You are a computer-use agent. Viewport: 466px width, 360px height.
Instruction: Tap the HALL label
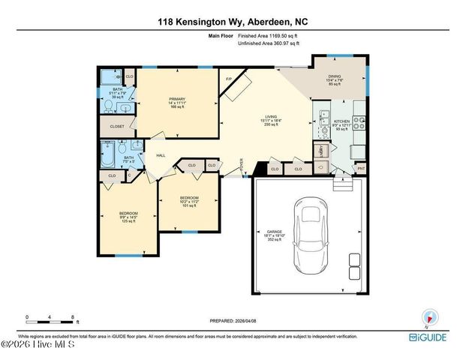161,155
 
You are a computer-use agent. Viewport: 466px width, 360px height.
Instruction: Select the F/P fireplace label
229,79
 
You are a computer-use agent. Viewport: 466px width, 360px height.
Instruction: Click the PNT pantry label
361,169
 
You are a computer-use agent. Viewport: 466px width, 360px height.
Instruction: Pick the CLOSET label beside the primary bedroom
116,127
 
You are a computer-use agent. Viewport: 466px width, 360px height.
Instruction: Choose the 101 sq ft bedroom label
188,202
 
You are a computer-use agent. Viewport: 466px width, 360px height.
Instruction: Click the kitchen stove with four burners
359,122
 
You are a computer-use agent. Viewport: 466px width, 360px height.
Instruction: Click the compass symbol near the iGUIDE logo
431,316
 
